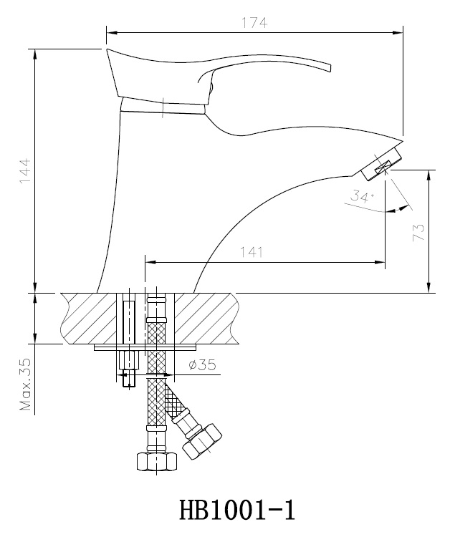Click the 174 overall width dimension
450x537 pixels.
[x=254, y=23]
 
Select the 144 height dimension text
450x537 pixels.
[x=25, y=173]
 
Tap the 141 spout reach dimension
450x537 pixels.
[x=252, y=252]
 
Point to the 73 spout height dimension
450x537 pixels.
[x=418, y=231]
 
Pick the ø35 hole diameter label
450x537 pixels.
[x=202, y=364]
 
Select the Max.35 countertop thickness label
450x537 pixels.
[x=26, y=387]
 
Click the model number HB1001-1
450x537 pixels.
[x=236, y=509]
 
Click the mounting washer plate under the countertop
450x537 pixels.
[x=143, y=347]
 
